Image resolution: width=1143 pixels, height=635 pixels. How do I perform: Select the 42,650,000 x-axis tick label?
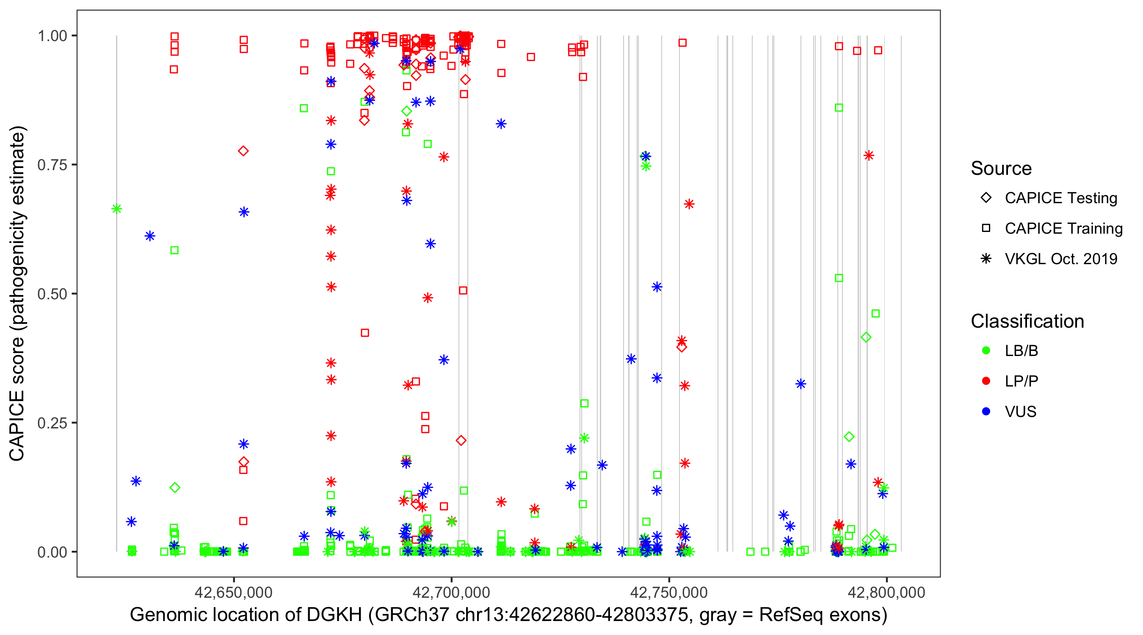(x=233, y=592)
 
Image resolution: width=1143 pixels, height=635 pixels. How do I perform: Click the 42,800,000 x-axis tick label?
(x=886, y=592)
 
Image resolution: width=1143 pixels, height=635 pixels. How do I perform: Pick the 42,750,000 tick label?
(x=669, y=592)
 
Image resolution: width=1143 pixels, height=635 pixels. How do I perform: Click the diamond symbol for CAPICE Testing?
(x=986, y=198)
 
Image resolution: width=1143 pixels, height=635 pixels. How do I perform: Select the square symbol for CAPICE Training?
(x=986, y=229)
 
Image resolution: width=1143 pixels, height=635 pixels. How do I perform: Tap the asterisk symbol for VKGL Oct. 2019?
(x=986, y=259)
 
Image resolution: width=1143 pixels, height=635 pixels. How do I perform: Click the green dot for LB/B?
(x=986, y=351)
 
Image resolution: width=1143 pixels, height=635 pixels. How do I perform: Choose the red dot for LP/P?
(x=986, y=381)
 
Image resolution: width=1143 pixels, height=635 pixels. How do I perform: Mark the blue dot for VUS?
(x=986, y=411)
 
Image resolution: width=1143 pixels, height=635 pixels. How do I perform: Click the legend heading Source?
(x=1001, y=168)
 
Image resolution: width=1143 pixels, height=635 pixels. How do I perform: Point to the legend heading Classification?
(x=1027, y=321)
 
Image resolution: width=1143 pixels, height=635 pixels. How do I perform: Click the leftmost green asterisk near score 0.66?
(x=117, y=209)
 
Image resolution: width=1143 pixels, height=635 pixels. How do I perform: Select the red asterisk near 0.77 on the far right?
(x=868, y=156)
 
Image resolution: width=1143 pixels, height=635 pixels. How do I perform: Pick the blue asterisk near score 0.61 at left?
(x=150, y=236)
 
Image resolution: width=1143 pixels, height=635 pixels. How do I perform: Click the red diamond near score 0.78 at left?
(x=243, y=151)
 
